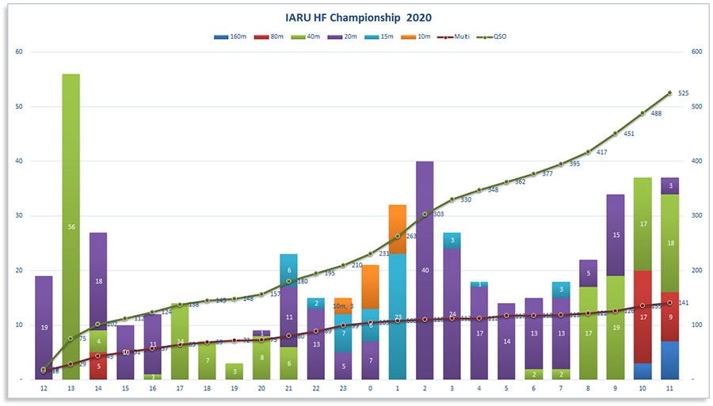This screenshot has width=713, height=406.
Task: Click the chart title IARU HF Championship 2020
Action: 358,17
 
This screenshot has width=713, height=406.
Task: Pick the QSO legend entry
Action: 497,36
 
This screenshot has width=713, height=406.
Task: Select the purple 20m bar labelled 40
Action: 425,270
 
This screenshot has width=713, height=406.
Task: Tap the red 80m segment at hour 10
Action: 642,317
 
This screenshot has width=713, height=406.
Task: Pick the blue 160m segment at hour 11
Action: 669,360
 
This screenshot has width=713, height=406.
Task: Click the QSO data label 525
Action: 683,93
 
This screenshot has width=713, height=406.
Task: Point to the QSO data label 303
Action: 438,214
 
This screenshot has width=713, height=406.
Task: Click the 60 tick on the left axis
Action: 20,52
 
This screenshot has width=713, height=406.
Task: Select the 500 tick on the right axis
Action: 697,107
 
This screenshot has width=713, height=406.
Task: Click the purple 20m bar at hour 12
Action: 44,327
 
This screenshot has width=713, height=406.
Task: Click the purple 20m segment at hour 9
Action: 616,235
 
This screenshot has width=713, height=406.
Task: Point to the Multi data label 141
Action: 683,303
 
